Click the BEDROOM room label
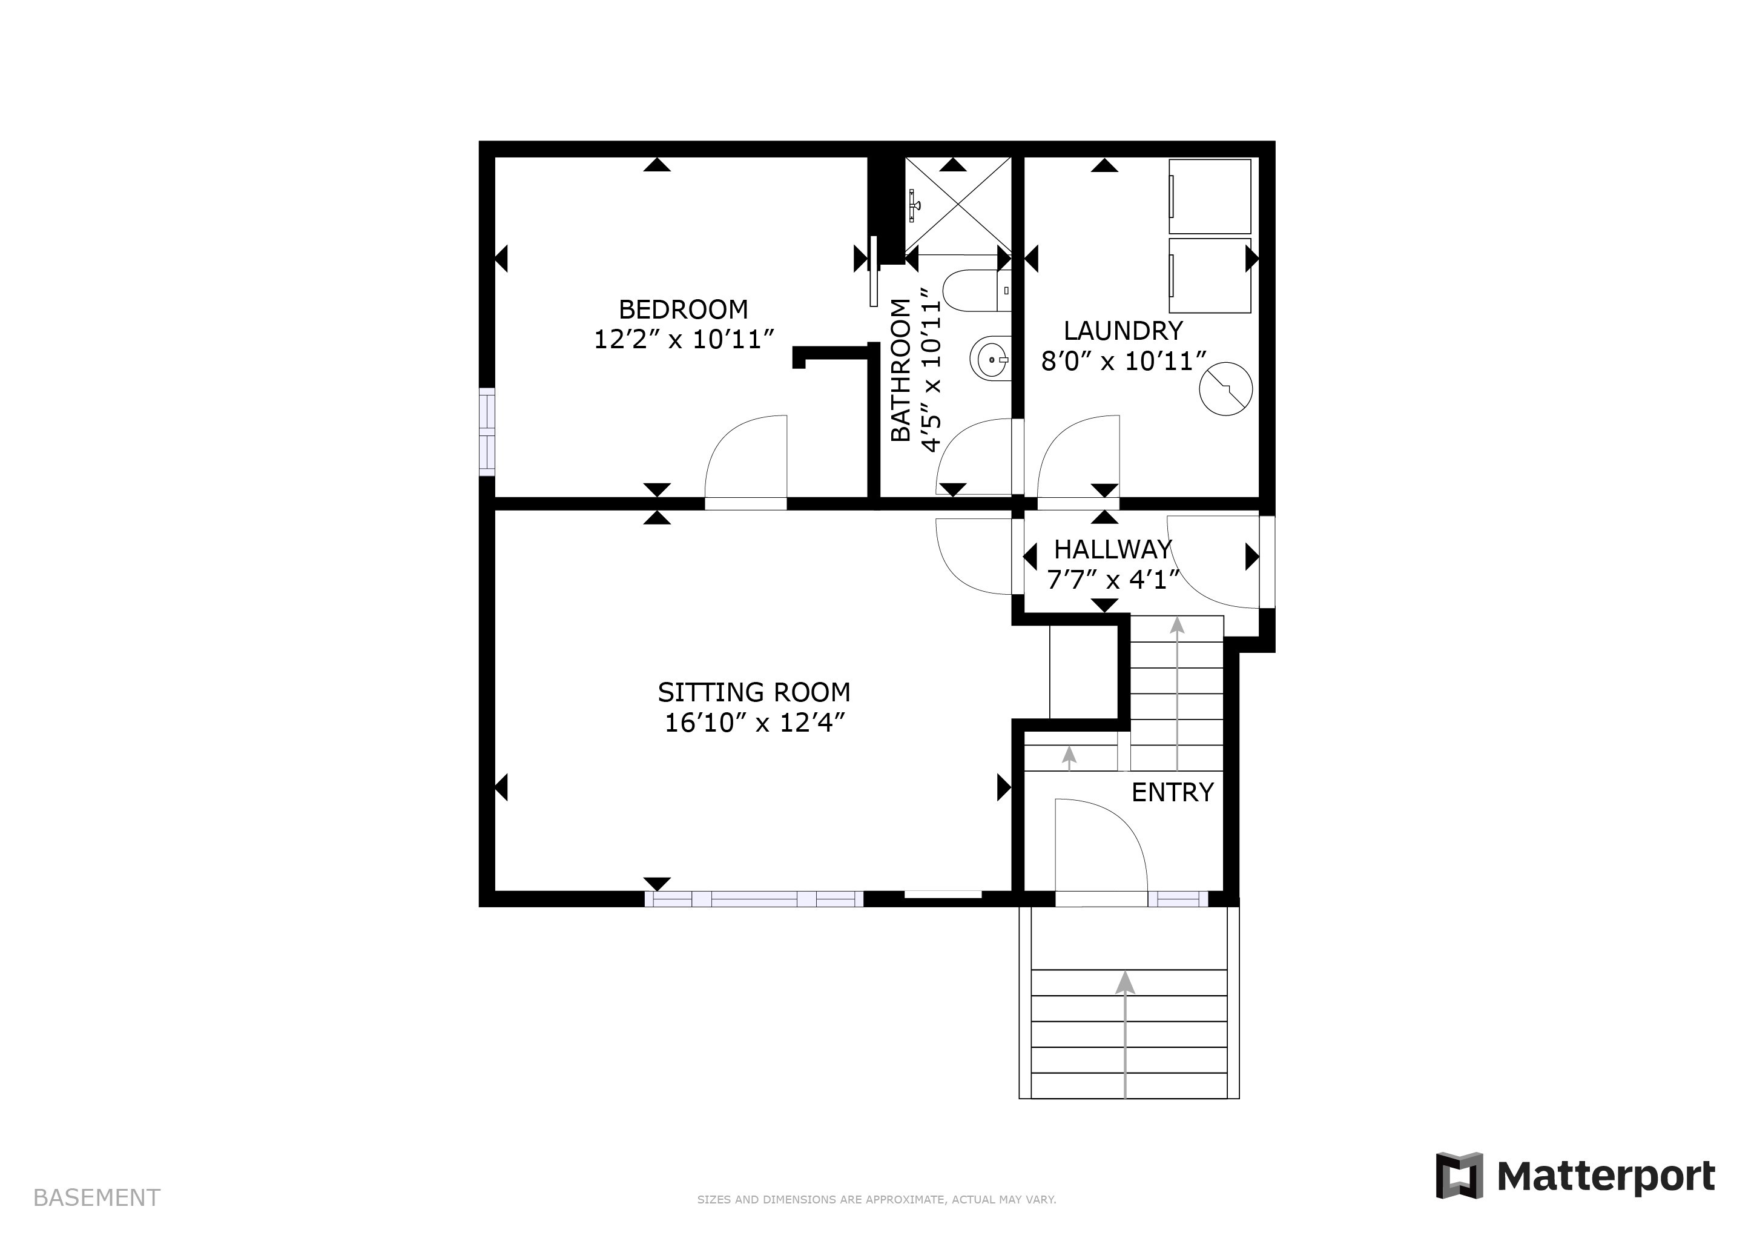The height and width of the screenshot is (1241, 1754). (x=683, y=309)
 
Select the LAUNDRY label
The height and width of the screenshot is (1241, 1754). (x=1123, y=331)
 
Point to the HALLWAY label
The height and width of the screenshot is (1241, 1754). (x=1112, y=549)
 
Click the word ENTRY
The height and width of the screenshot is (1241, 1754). (x=1172, y=792)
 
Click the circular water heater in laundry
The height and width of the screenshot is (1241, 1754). (x=1225, y=389)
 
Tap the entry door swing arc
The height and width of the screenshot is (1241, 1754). (x=1100, y=844)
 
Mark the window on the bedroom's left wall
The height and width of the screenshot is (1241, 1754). (x=487, y=432)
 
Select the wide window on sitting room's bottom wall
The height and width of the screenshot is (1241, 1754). (x=754, y=899)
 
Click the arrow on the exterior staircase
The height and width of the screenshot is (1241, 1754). (x=1124, y=986)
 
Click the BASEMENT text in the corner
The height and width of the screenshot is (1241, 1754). (x=96, y=1197)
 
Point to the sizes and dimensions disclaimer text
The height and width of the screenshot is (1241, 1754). (x=876, y=1200)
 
